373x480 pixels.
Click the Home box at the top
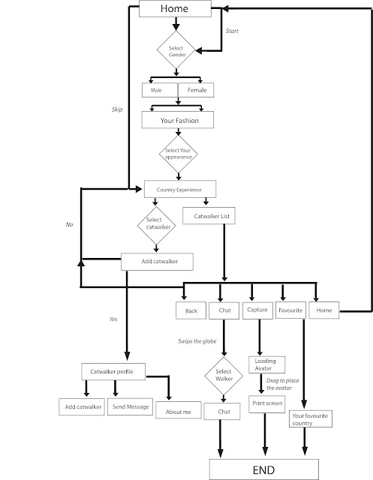click(x=177, y=9)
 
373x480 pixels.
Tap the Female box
click(x=196, y=91)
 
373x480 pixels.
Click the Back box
click(x=191, y=310)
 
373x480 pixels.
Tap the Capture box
click(x=258, y=310)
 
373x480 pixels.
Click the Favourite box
click(x=290, y=310)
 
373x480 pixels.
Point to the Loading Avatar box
click(x=265, y=365)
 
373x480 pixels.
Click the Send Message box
click(x=131, y=407)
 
